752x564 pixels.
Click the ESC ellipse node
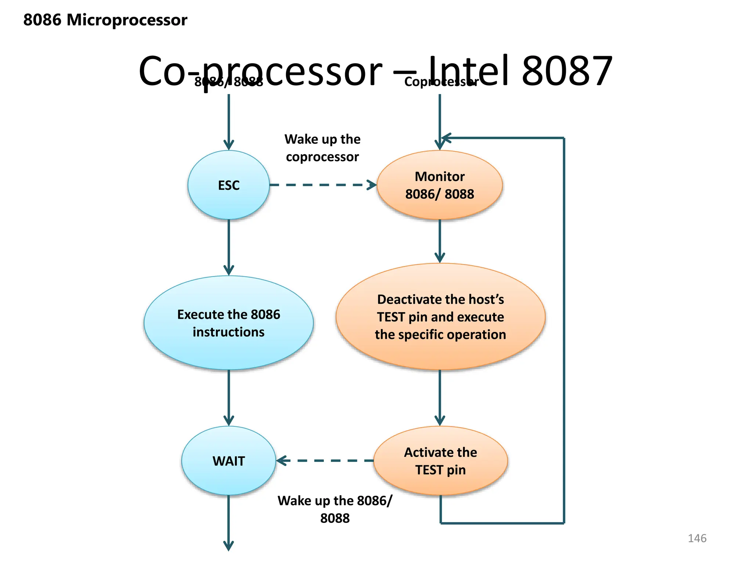pyautogui.click(x=228, y=185)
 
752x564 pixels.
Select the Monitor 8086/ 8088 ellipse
pyautogui.click(x=440, y=185)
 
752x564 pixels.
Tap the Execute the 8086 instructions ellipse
pyautogui.click(x=228, y=323)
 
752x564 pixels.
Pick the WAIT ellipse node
pyautogui.click(x=228, y=461)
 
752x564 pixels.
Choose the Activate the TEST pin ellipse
pyautogui.click(x=440, y=461)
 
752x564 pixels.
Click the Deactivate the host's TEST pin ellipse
pyautogui.click(x=440, y=317)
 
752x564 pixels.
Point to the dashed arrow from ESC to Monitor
pyautogui.click(x=323, y=185)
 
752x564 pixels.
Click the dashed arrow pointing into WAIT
pyautogui.click(x=325, y=460)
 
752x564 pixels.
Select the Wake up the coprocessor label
pyautogui.click(x=322, y=148)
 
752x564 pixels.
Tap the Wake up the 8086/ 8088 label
pyautogui.click(x=335, y=509)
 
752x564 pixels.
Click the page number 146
pyautogui.click(x=697, y=538)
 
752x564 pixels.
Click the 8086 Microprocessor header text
pyautogui.click(x=105, y=20)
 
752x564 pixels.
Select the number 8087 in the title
pyautogui.click(x=567, y=70)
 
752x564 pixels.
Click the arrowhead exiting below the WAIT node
pyautogui.click(x=228, y=545)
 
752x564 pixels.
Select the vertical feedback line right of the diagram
pyautogui.click(x=564, y=330)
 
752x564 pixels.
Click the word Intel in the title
pyautogui.click(x=468, y=70)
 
